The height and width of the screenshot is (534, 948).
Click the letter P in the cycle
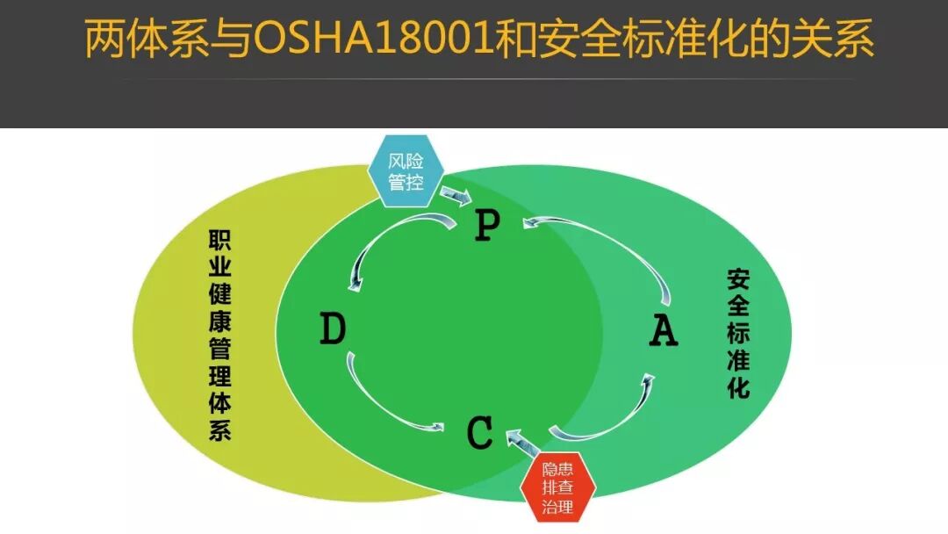[486, 226]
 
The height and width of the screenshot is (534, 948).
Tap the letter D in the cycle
[333, 330]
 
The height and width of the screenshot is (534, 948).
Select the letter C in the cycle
[480, 434]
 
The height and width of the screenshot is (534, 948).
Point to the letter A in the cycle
[663, 331]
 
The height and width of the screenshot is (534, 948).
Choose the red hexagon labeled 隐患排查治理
[558, 488]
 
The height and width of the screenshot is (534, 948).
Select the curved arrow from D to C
[386, 400]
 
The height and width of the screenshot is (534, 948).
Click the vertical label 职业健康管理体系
[219, 335]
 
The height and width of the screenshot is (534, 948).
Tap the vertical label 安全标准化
[738, 333]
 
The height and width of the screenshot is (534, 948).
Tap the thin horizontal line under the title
[474, 80]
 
